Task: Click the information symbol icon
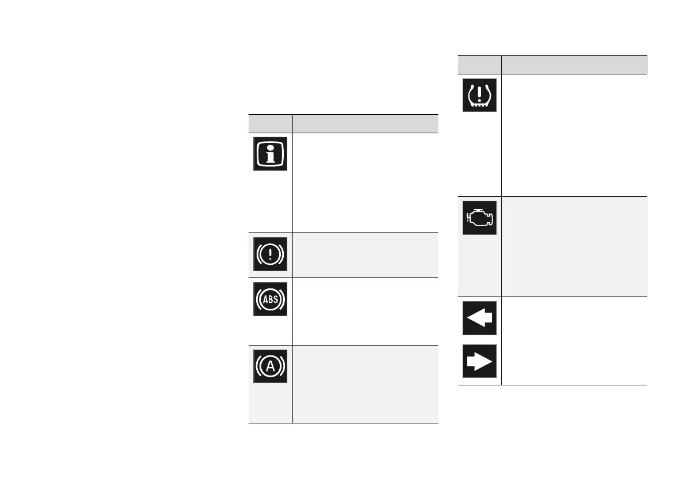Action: pos(270,154)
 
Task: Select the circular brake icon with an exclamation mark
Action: pos(270,254)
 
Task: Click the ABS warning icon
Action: pos(270,299)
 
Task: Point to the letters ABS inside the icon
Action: pos(270,299)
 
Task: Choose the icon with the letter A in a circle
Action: pos(270,366)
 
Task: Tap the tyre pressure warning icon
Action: pos(479,95)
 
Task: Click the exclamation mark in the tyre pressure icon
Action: pos(479,93)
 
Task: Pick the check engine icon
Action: pos(479,217)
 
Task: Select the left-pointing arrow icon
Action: pos(479,318)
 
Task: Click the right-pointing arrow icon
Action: pos(479,361)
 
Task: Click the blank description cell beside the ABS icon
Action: pos(365,311)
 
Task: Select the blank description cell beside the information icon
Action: pos(365,182)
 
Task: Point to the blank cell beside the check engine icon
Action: pos(575,246)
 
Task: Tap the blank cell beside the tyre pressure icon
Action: pos(575,135)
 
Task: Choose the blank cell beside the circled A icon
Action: pos(365,384)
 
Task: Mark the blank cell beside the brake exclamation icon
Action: pos(365,255)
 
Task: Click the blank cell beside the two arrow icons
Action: pos(575,340)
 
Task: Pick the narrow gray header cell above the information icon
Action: pos(270,123)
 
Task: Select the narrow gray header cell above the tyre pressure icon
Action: pos(479,64)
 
